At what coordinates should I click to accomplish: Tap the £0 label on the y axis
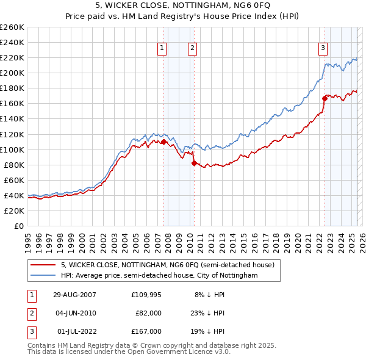click(20, 226)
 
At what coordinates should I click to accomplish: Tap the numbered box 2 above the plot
click(192, 49)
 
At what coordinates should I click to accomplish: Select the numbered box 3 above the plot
click(323, 49)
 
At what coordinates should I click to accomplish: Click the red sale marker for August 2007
click(163, 142)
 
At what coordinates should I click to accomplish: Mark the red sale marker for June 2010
click(193, 163)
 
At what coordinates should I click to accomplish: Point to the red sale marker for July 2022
click(324, 98)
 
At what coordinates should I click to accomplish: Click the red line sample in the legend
click(44, 265)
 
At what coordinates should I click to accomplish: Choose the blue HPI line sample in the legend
click(44, 276)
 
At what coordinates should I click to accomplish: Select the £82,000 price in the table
click(148, 313)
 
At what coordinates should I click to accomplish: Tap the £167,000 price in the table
click(146, 331)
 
